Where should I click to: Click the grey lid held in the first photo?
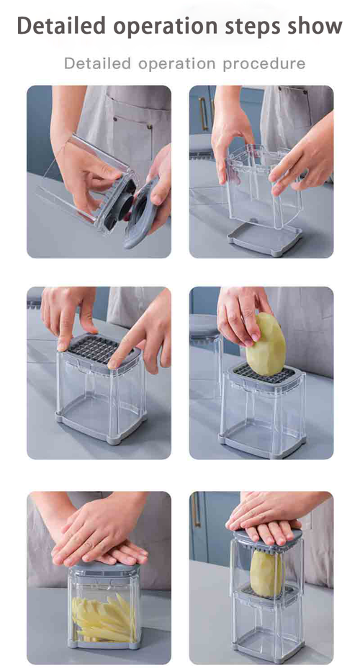(x=140, y=215)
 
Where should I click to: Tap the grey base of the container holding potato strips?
(x=104, y=644)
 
